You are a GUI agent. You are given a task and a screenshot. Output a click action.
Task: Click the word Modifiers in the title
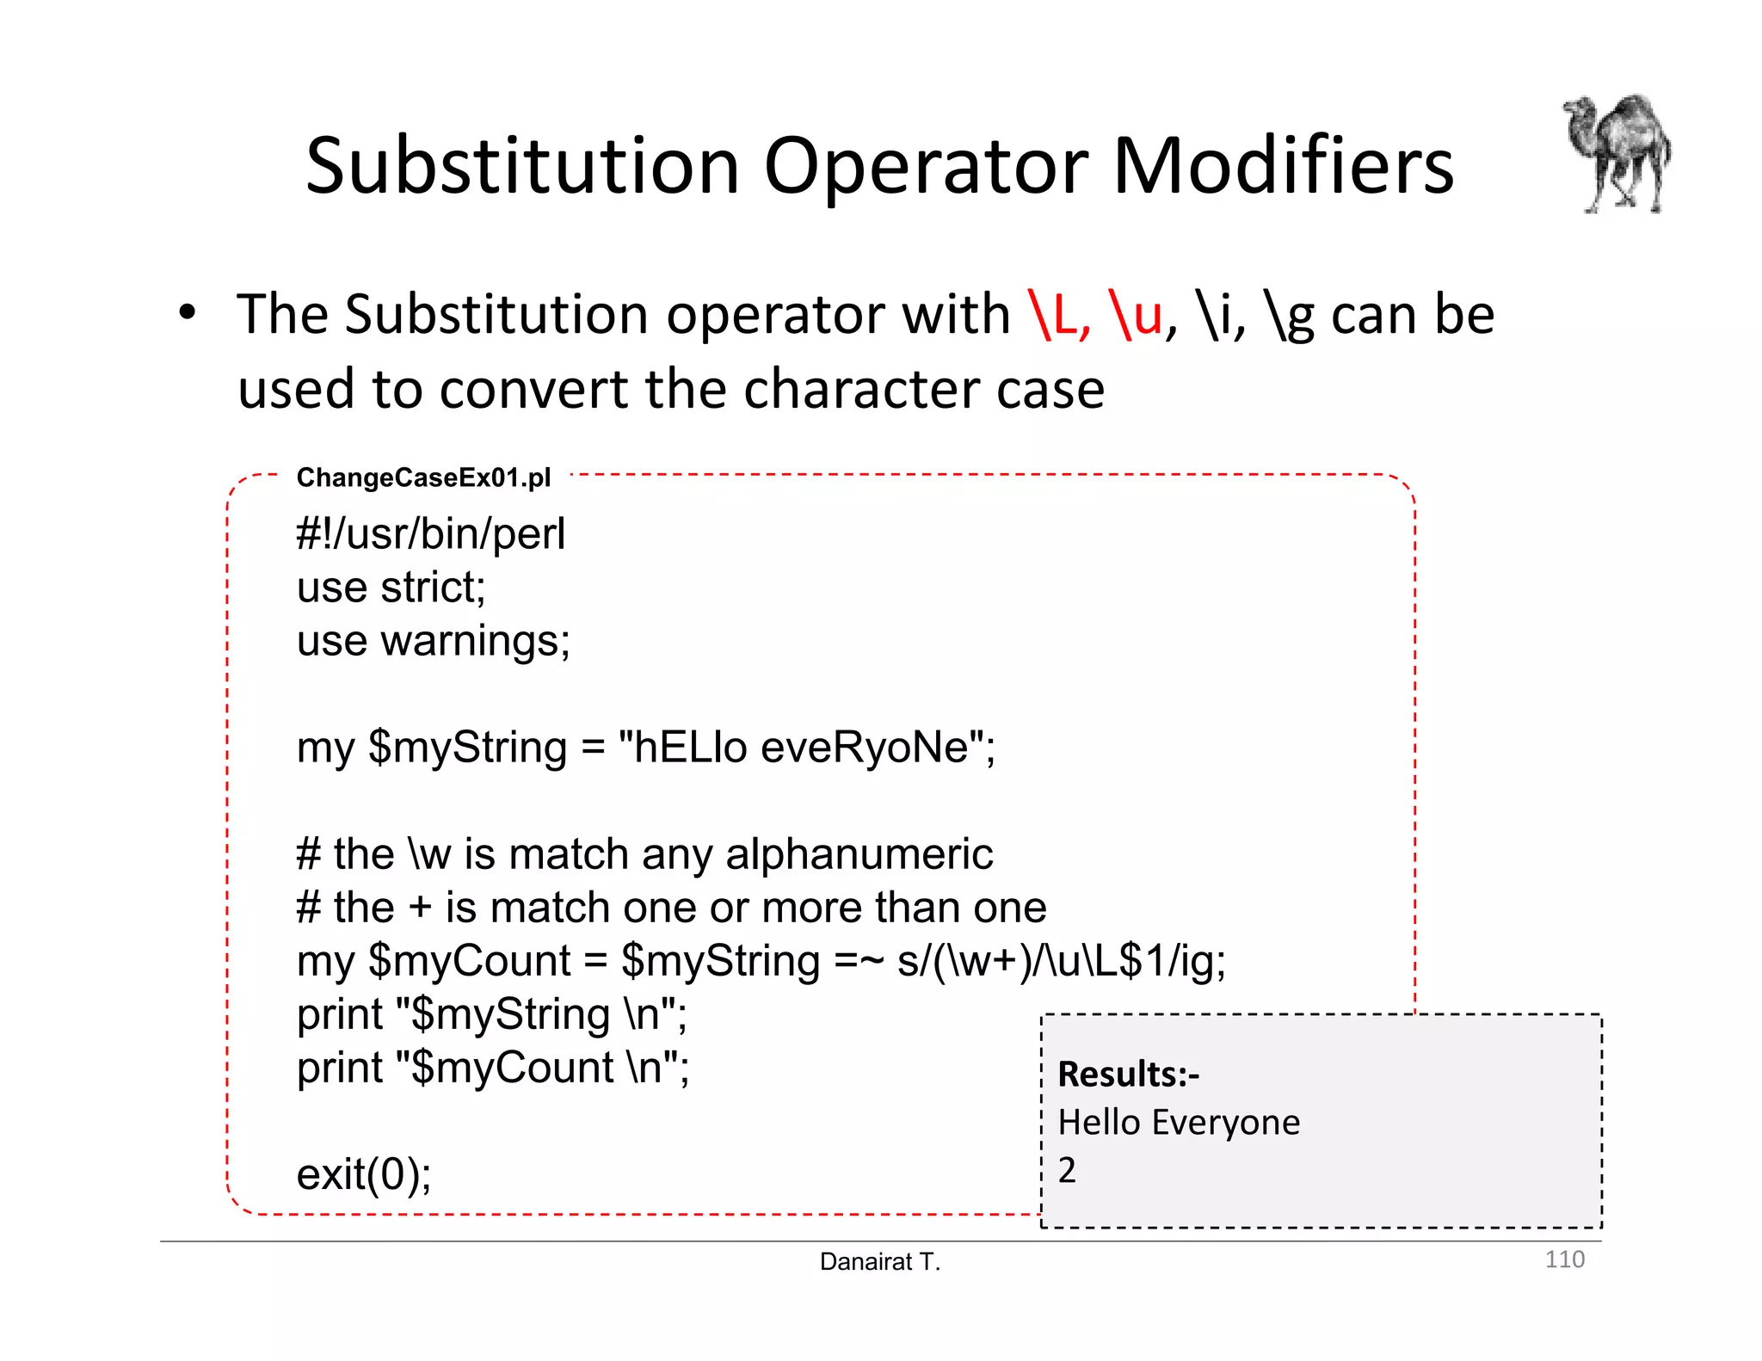pos(1283,165)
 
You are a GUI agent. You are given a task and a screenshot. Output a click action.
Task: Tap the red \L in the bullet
pos(1059,315)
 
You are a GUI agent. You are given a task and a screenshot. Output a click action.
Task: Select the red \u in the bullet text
pos(1136,315)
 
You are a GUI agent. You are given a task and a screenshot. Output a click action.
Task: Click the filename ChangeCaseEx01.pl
pos(423,477)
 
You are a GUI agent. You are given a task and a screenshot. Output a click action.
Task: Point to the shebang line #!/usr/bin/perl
pos(430,534)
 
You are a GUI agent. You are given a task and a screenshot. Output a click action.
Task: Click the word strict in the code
pos(433,588)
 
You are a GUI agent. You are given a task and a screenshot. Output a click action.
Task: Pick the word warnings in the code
pos(475,642)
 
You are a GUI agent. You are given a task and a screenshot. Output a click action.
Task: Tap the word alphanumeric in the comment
pos(859,854)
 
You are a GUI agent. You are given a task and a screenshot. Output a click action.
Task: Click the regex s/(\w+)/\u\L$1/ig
pos(1060,961)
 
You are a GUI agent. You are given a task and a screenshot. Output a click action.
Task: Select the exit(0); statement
pos(364,1174)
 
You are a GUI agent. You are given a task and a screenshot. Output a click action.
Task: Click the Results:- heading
pos(1128,1075)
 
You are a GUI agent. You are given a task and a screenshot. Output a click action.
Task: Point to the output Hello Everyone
pos(1179,1123)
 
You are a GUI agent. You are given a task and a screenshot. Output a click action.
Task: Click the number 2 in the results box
pos(1067,1170)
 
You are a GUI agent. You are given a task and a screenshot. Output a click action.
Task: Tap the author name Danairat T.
pos(880,1262)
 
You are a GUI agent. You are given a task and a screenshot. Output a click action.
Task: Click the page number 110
pos(1564,1259)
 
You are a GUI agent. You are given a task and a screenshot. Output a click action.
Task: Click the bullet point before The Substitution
pos(188,313)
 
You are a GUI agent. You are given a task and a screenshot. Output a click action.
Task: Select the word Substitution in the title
pos(523,165)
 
